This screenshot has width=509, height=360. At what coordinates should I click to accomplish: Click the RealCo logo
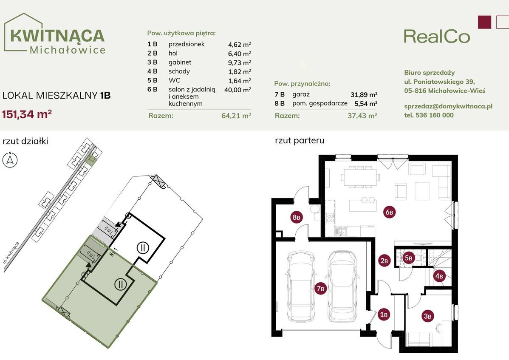437,36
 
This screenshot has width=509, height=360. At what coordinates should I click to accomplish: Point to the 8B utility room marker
297,218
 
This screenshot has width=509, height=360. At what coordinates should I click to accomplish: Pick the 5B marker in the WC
408,258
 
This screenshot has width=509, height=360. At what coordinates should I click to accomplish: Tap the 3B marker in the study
427,316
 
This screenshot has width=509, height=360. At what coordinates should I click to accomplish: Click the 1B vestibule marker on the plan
384,315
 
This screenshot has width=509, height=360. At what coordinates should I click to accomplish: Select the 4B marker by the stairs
439,276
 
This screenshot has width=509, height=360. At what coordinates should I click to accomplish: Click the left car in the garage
301,286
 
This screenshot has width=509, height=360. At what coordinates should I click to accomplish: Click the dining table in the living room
360,177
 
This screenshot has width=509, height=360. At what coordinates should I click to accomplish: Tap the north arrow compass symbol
10,160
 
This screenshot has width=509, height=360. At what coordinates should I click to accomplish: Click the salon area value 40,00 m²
240,89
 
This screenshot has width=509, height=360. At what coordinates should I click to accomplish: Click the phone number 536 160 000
429,115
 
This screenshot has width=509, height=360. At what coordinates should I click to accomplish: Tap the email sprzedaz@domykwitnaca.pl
448,106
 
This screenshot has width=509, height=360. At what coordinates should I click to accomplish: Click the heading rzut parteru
300,140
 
